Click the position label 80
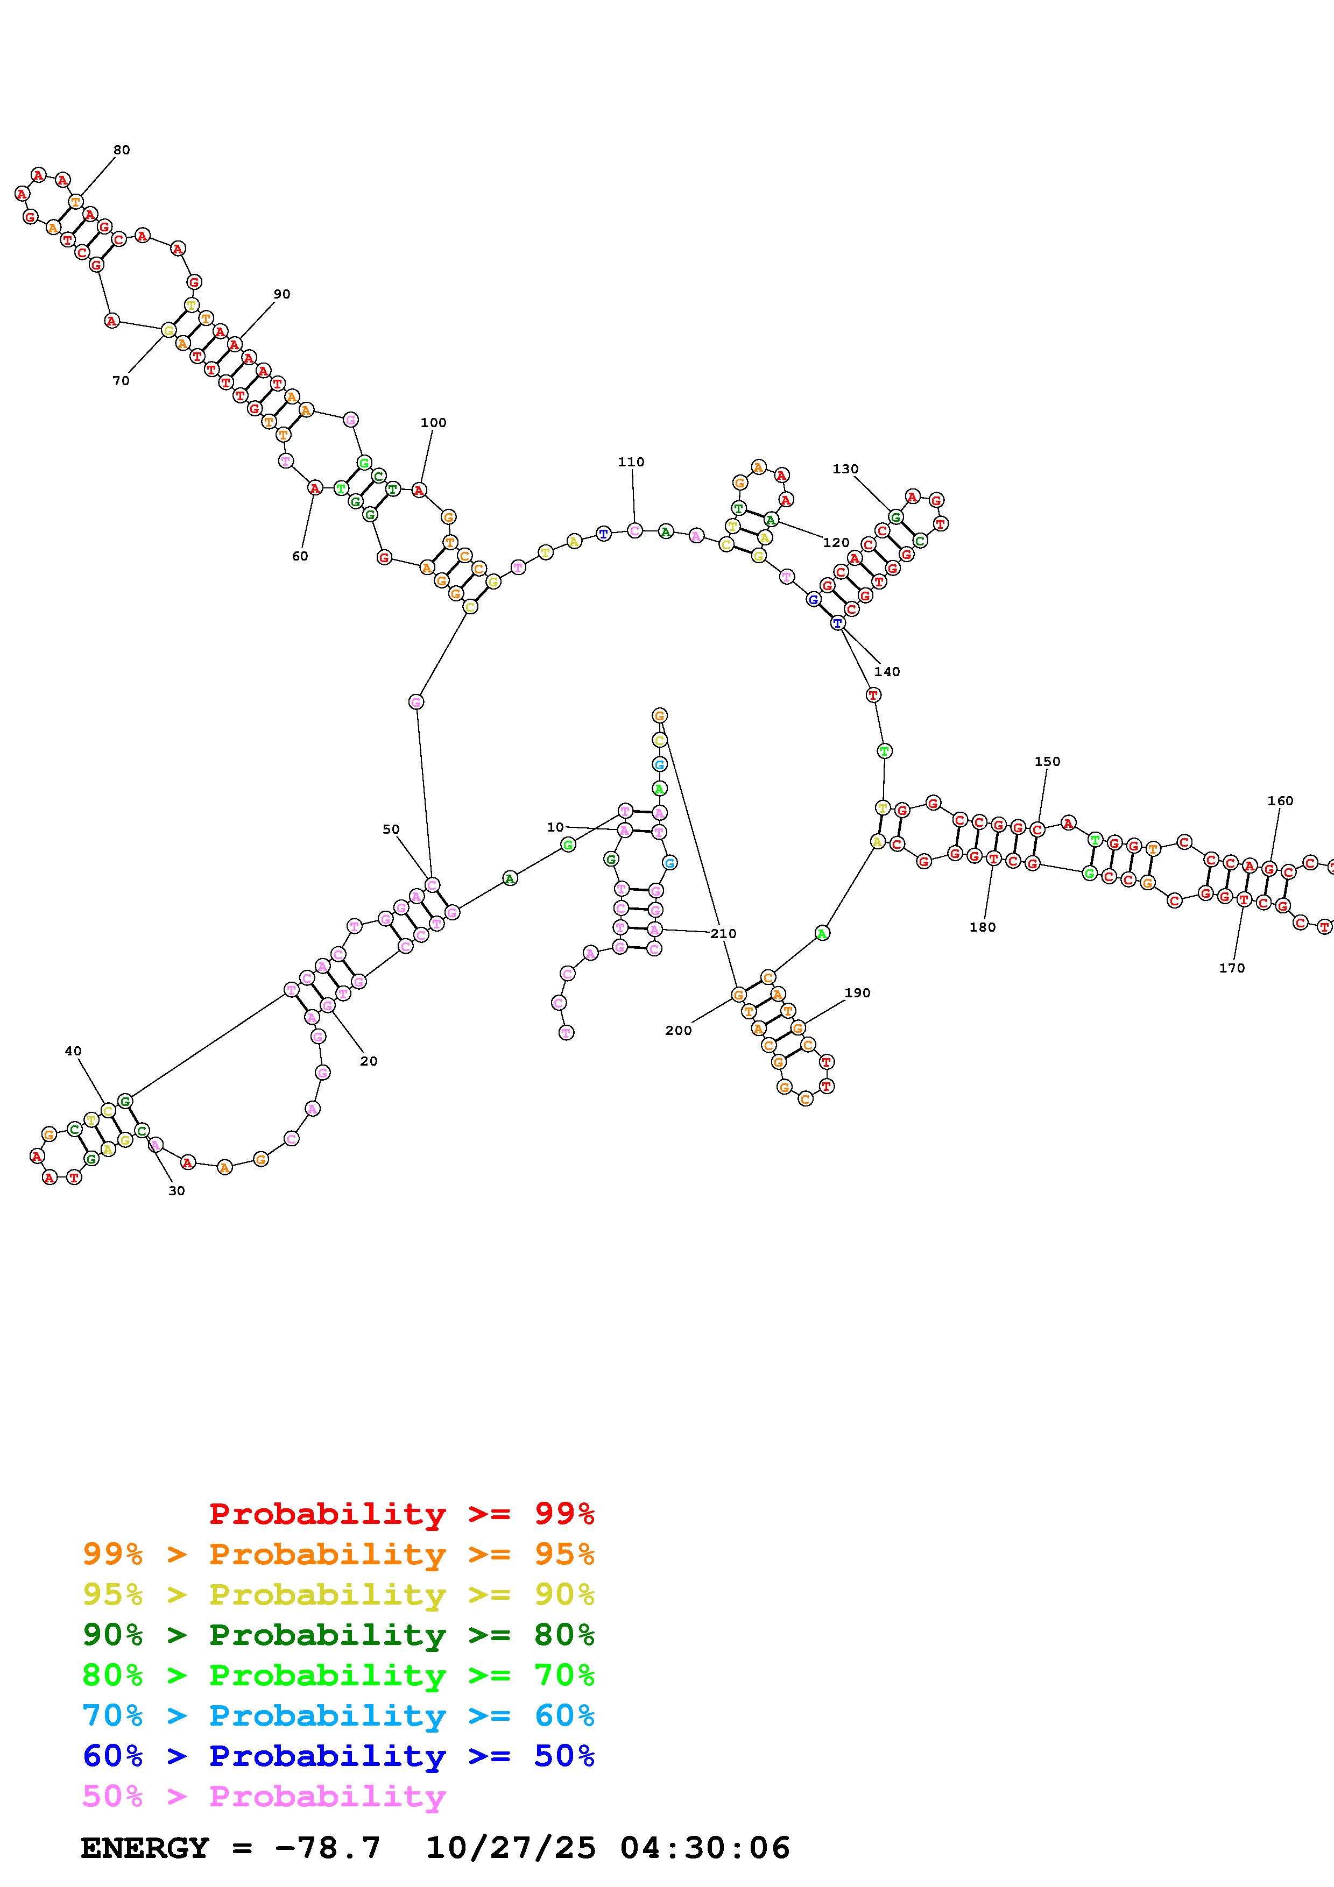click(x=122, y=150)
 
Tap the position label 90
click(x=282, y=293)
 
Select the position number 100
click(x=433, y=422)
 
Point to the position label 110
click(x=631, y=462)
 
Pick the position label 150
click(x=1047, y=761)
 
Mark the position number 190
click(x=857, y=993)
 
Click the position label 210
click(x=723, y=934)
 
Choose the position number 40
click(x=73, y=1051)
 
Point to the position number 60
click(x=300, y=556)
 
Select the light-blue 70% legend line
click(x=338, y=1716)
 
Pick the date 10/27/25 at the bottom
click(x=511, y=1848)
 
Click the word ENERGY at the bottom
click(x=145, y=1848)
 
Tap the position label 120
click(x=836, y=542)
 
